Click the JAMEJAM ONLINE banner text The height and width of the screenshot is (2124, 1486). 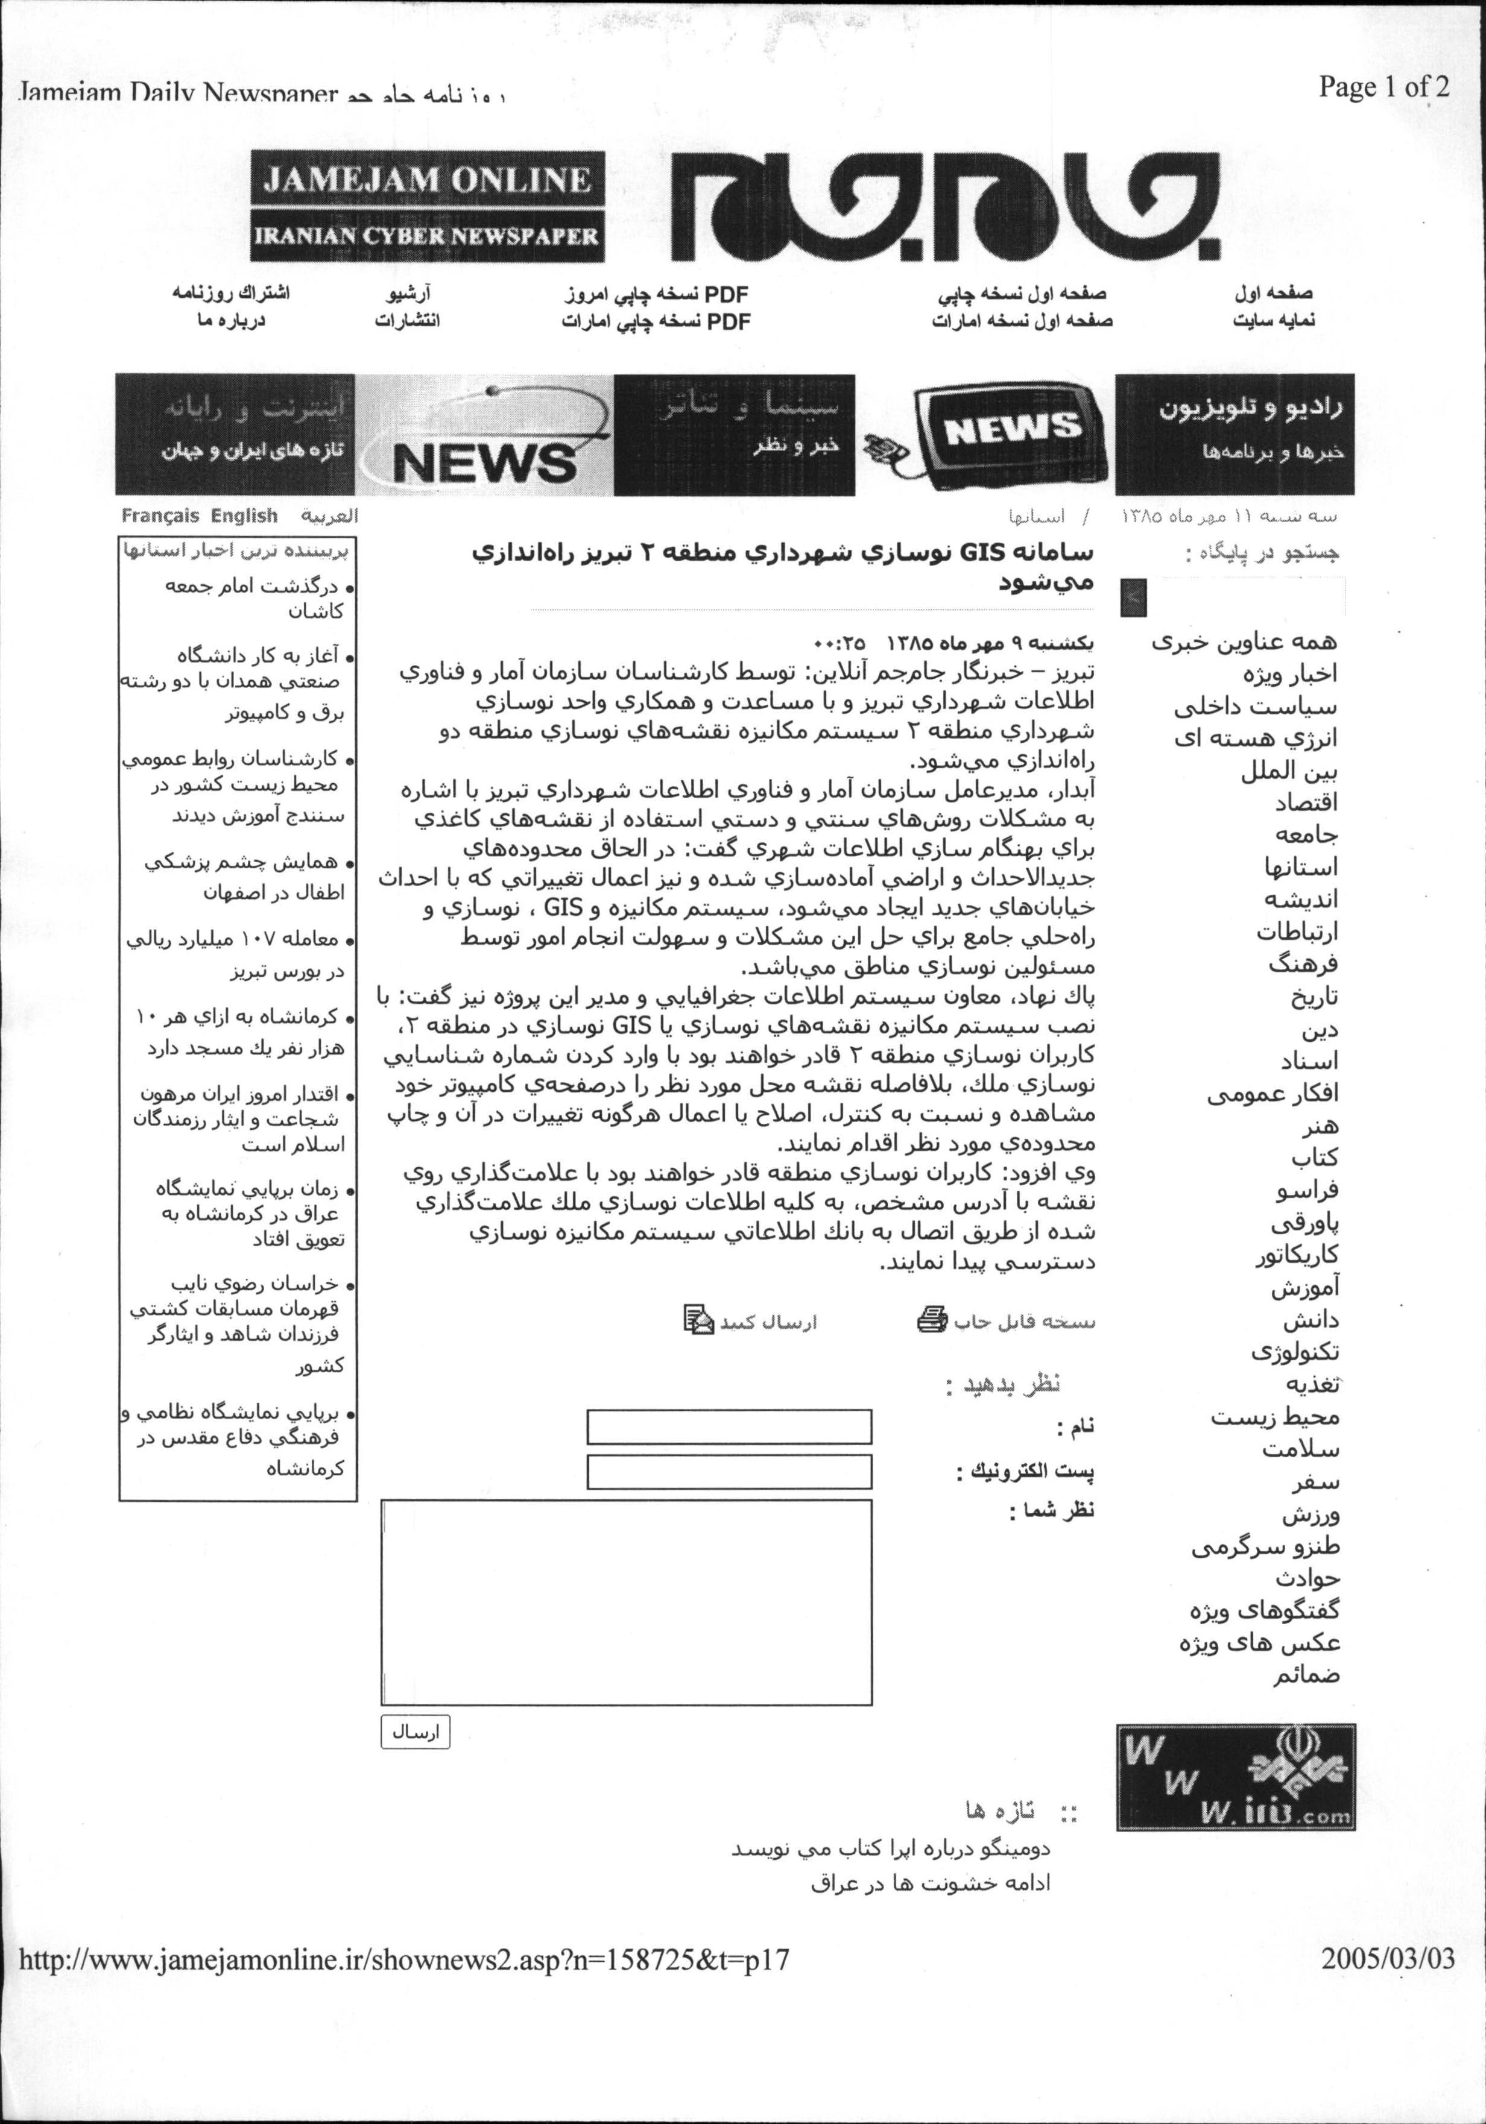tap(426, 180)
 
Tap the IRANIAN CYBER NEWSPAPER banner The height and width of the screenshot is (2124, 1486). tap(426, 236)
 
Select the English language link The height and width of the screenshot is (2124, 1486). tap(244, 516)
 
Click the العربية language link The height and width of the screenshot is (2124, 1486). tap(329, 516)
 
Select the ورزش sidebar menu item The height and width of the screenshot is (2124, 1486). tap(1310, 1515)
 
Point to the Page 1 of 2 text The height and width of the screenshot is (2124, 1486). tap(1383, 88)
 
